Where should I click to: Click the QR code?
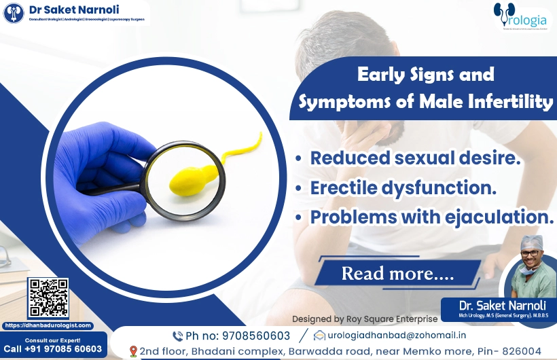coord(48,298)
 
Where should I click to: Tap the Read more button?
coord(397,273)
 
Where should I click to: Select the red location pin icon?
coord(132,351)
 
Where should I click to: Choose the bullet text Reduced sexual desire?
coord(415,158)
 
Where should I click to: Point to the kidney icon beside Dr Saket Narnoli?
coord(14,13)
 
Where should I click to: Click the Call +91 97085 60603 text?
coord(52,349)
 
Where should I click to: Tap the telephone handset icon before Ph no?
coord(178,336)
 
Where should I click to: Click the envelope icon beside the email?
coord(319,335)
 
